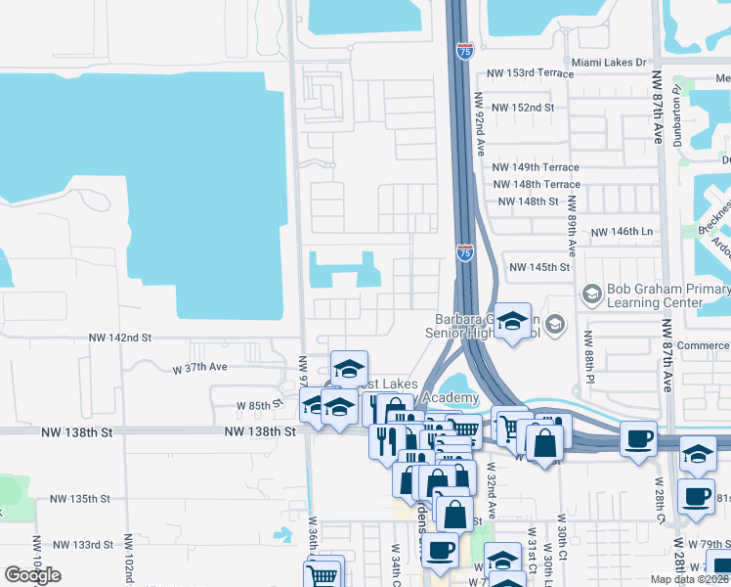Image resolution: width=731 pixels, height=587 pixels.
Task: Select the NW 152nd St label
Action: click(x=523, y=107)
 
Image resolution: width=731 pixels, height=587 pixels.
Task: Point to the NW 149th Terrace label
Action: click(x=537, y=167)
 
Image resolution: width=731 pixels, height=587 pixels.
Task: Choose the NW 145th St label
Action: click(x=539, y=267)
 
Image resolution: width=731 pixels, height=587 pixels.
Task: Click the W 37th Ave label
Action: click(x=199, y=369)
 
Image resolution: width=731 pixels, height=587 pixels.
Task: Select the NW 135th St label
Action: click(x=76, y=499)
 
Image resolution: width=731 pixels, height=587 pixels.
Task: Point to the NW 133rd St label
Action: click(x=83, y=544)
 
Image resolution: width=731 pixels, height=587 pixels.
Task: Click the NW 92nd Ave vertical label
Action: click(x=480, y=125)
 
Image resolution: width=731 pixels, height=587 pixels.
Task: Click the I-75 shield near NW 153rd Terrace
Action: click(x=465, y=50)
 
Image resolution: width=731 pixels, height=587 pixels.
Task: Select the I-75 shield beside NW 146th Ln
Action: click(x=465, y=253)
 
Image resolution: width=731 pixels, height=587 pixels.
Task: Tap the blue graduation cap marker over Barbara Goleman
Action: click(x=511, y=321)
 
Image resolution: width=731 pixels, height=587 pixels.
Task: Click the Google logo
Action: click(x=32, y=575)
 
